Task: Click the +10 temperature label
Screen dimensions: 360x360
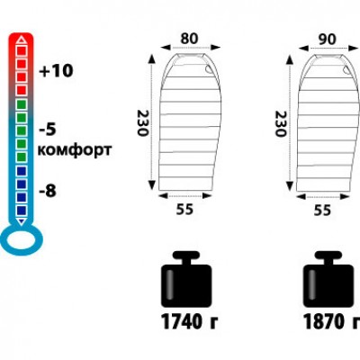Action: coord(57,71)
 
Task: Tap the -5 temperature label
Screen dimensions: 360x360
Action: coord(48,130)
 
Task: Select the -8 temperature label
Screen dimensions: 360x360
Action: coord(48,191)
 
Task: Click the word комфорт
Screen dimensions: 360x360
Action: coord(75,149)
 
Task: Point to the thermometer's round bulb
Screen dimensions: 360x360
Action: coord(22,239)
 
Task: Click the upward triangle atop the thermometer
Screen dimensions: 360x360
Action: coord(21,40)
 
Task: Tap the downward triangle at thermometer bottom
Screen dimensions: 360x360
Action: coord(21,221)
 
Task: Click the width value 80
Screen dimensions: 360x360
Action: coord(189,39)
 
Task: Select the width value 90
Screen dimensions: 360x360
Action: coord(327,39)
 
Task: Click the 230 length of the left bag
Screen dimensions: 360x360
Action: coord(143,123)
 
